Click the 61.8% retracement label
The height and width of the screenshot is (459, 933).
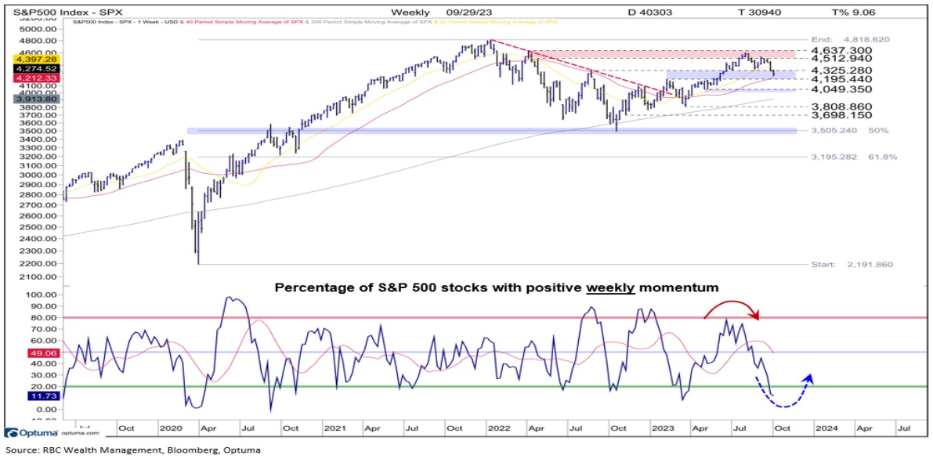tap(881, 157)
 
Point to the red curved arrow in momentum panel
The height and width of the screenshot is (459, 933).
tap(733, 308)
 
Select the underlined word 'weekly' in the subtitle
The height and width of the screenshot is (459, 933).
tap(612, 287)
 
